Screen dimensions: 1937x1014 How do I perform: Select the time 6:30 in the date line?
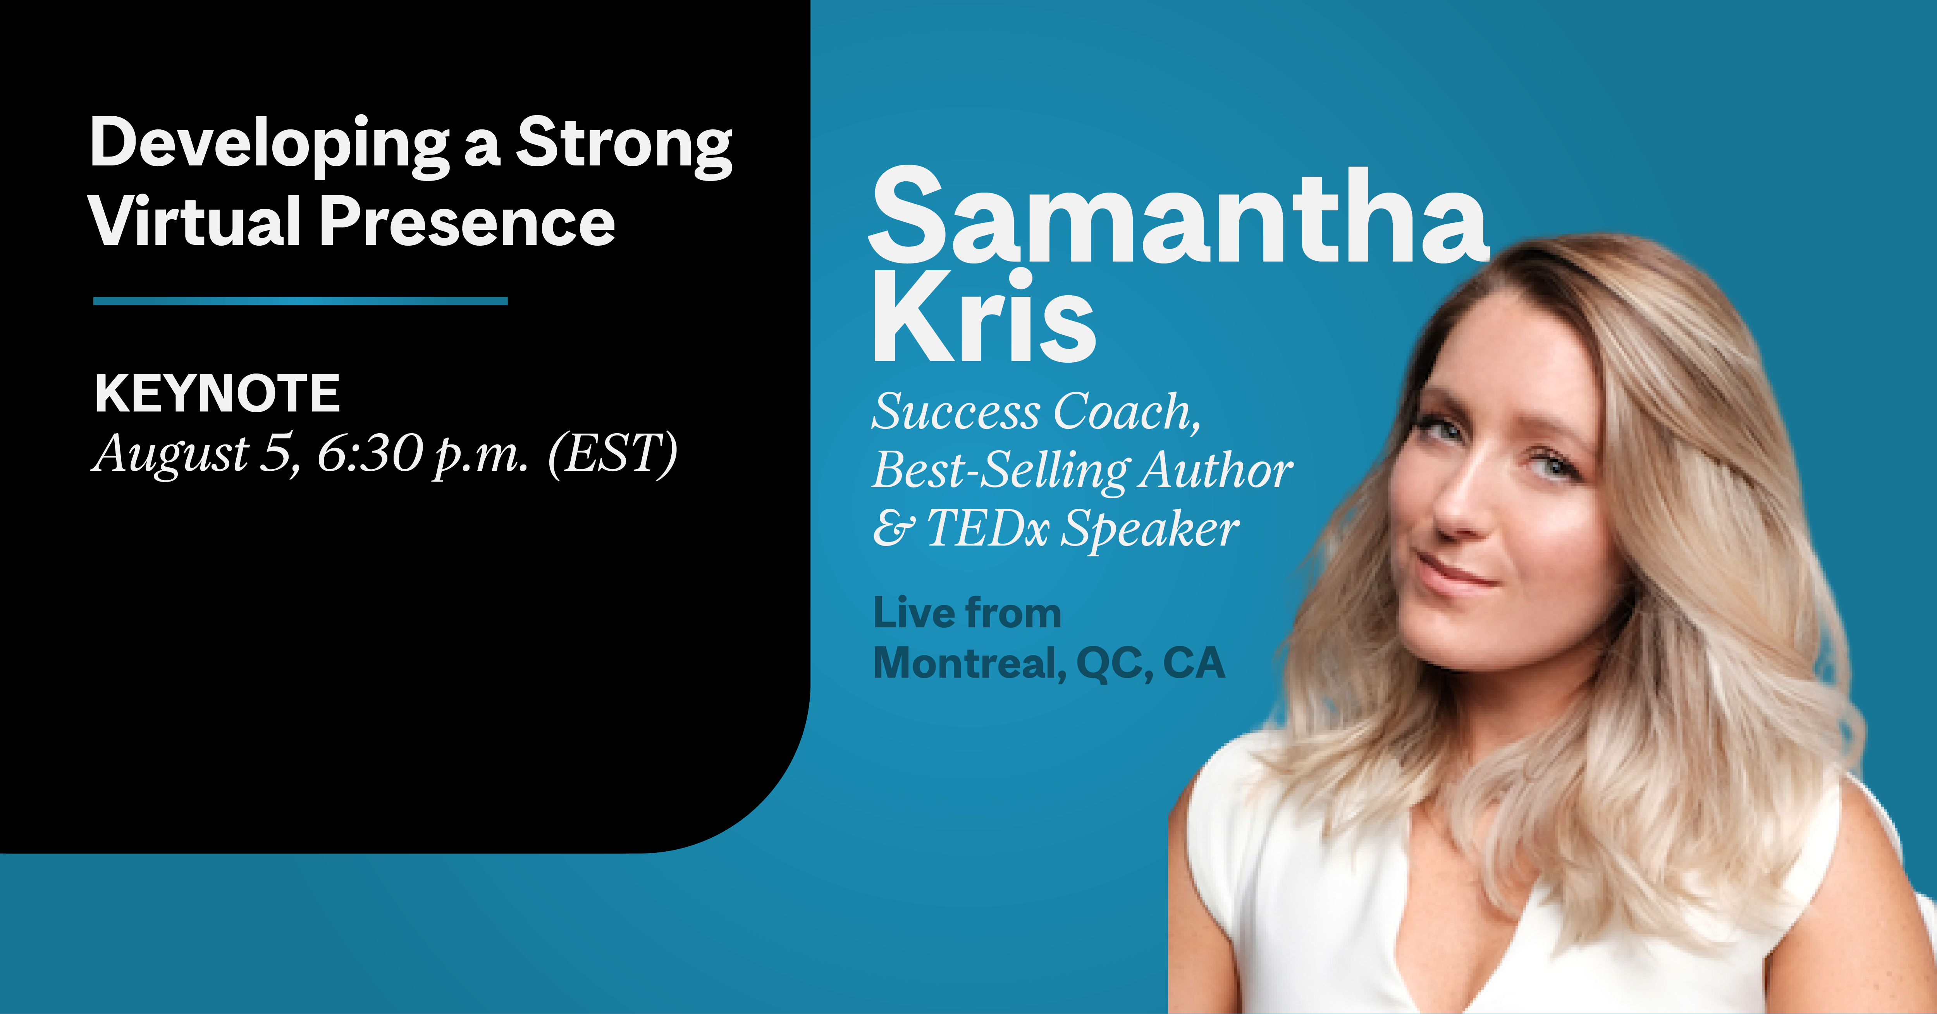[x=369, y=454]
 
